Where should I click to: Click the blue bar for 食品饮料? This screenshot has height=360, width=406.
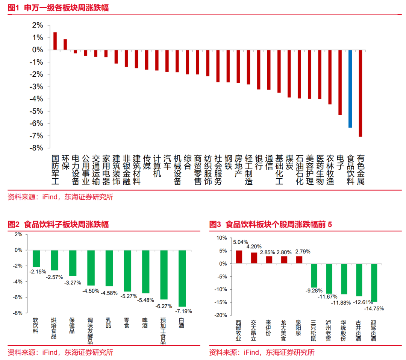[x=350, y=89]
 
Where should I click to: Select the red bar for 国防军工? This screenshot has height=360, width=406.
[x=55, y=41]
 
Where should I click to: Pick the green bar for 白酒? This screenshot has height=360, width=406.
[x=182, y=278]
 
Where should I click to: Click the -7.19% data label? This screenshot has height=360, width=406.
[x=184, y=311]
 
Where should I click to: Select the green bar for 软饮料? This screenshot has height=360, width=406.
[x=36, y=258]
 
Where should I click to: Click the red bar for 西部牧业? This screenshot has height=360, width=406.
[x=239, y=257]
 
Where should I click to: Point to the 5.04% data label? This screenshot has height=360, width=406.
[x=240, y=242]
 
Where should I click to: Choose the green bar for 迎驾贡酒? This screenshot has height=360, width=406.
[x=374, y=283]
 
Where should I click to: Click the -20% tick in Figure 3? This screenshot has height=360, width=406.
[x=221, y=315]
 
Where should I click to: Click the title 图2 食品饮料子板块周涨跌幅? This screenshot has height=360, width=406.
[x=58, y=225]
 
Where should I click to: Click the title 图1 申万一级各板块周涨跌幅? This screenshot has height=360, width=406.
[x=58, y=8]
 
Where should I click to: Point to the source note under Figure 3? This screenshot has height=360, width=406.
[x=262, y=352]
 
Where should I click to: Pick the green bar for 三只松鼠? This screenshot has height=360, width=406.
[x=314, y=275]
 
